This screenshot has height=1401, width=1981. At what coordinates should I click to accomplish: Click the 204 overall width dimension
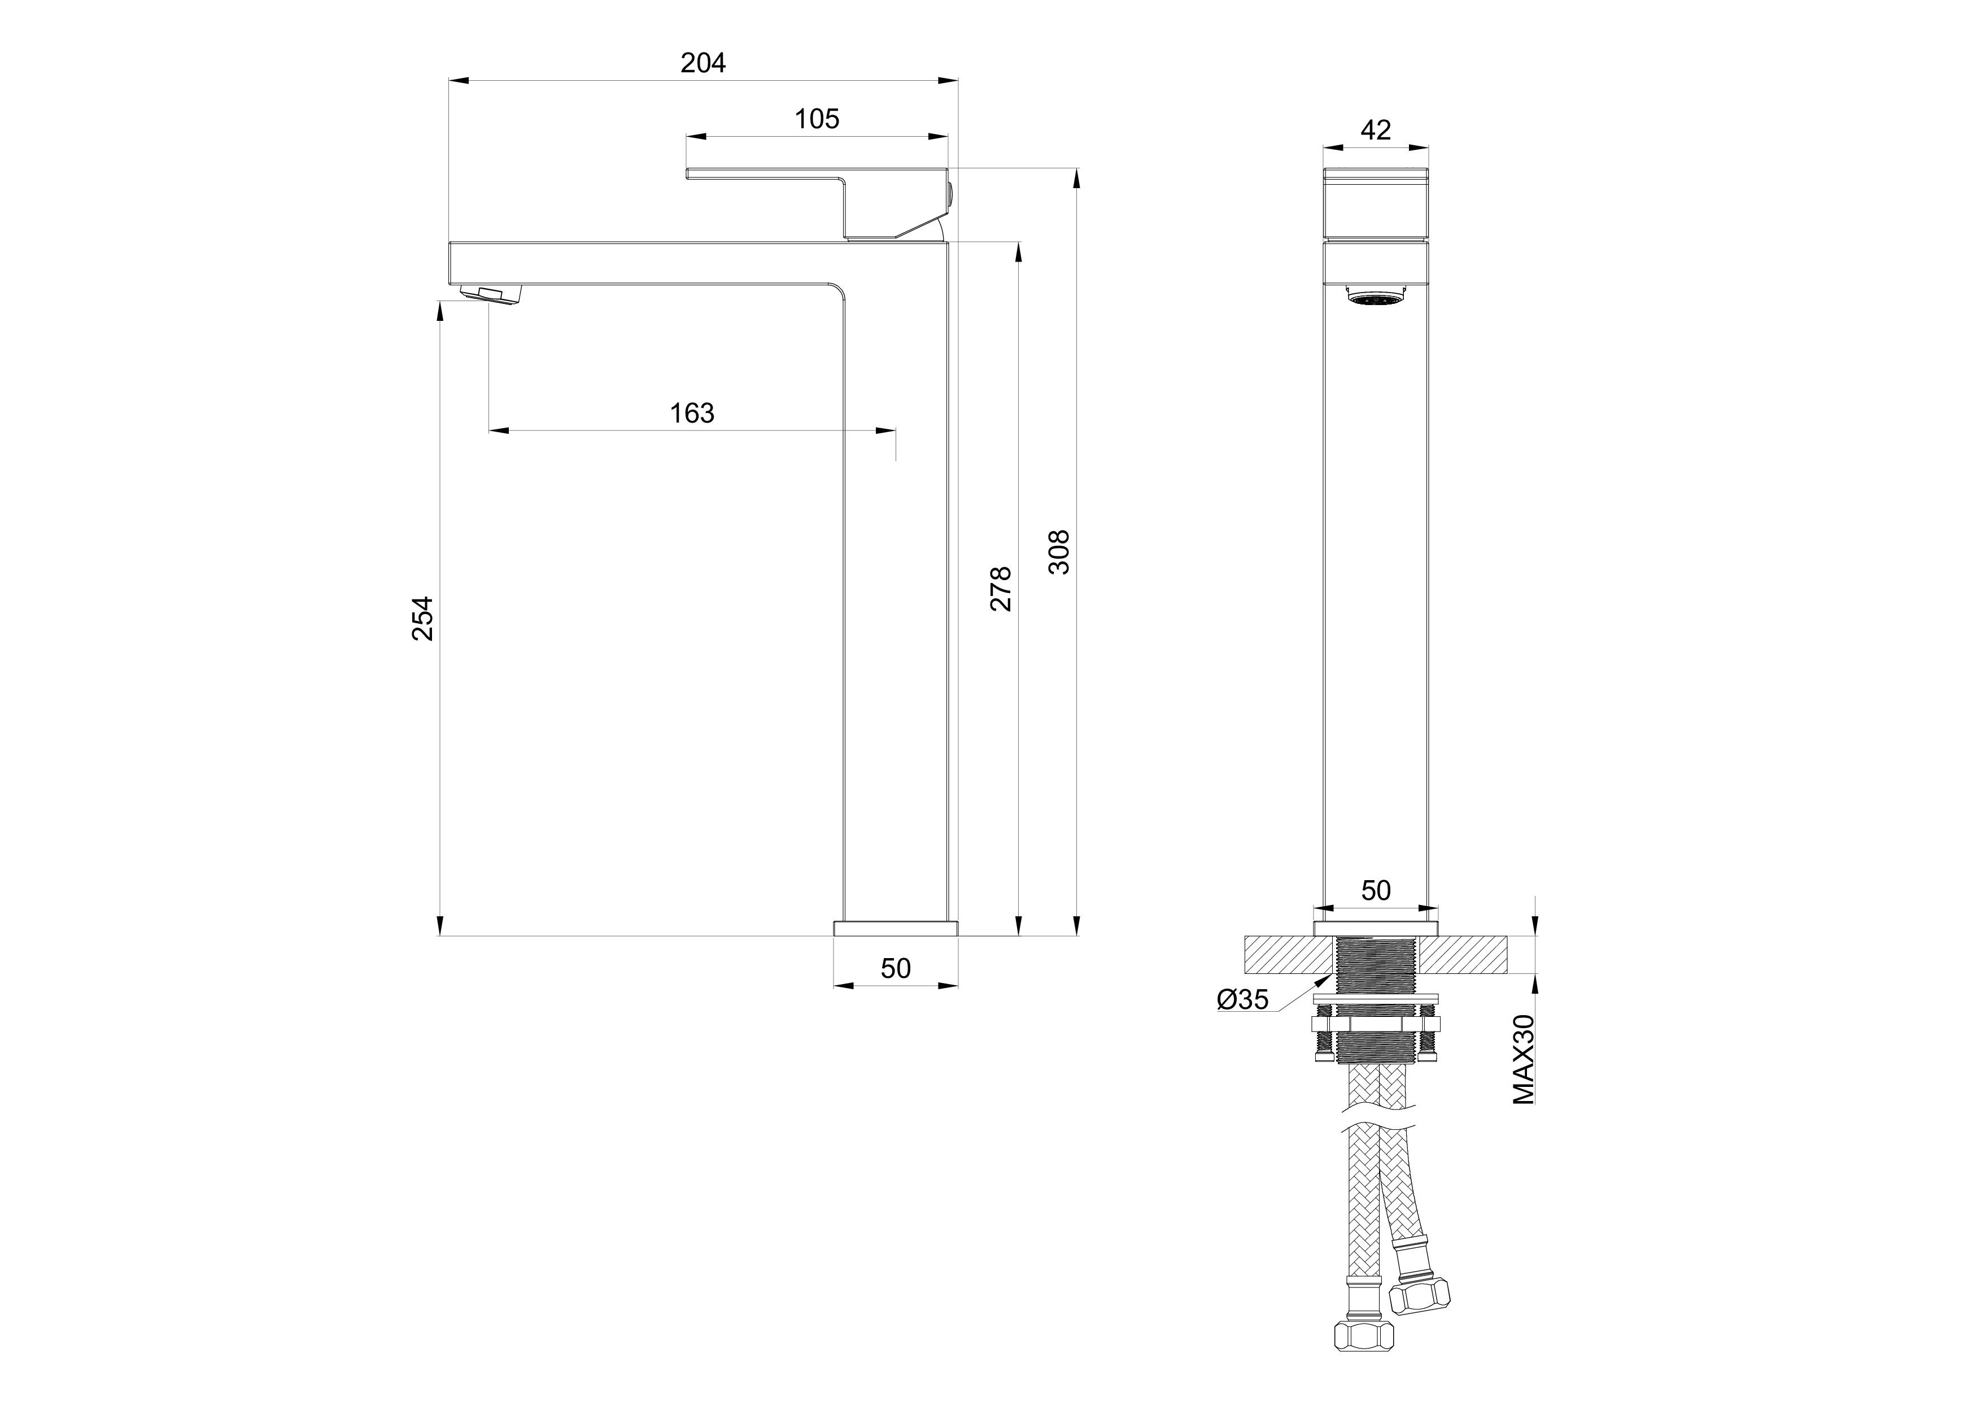tap(703, 63)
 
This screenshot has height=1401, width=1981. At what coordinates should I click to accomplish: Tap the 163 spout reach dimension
tap(692, 414)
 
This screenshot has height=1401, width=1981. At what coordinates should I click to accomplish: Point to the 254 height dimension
tap(422, 618)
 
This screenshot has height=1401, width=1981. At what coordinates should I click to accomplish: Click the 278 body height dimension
tap(1000, 589)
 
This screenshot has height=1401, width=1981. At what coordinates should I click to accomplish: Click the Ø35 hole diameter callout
tap(1242, 999)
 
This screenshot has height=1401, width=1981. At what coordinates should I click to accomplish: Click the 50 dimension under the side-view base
tap(896, 968)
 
